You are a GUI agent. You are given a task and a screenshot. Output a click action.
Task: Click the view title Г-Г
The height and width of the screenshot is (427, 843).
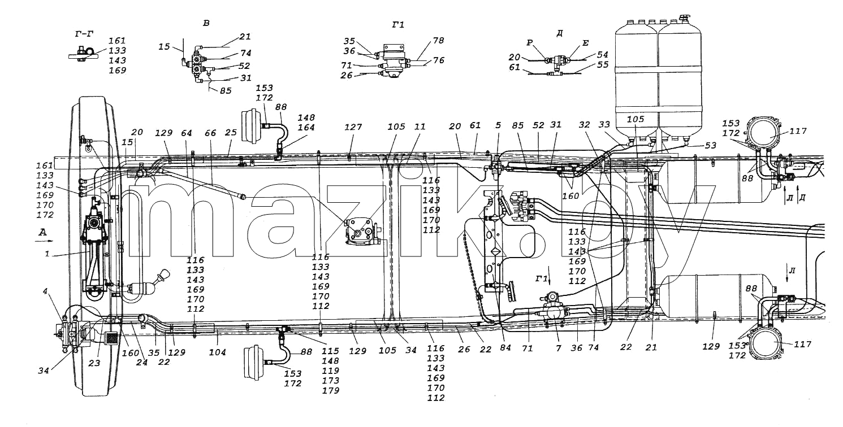click(84, 34)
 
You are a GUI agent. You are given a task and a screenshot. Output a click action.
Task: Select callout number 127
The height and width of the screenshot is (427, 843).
click(353, 128)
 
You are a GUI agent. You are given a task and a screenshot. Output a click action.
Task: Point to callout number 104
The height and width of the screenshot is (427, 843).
click(218, 352)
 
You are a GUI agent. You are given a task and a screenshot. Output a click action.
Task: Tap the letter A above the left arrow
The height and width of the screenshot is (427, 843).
click(43, 232)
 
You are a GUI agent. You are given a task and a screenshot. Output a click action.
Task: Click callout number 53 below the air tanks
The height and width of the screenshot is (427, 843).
click(711, 146)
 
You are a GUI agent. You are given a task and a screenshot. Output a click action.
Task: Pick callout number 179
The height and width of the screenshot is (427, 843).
click(330, 390)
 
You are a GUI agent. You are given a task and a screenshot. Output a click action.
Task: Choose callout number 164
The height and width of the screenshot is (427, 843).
click(306, 128)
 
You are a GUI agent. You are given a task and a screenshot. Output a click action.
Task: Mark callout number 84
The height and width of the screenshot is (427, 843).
click(505, 348)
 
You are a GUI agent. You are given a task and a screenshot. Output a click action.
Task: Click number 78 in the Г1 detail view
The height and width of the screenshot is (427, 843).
click(438, 40)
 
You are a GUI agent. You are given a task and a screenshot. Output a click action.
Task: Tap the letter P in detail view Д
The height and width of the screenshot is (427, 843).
click(530, 43)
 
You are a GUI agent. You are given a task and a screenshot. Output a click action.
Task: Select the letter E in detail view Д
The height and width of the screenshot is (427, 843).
click(585, 43)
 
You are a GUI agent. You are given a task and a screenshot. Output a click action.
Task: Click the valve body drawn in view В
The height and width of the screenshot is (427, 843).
click(197, 64)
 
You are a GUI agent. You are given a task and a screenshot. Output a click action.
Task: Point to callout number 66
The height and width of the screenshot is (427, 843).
click(210, 133)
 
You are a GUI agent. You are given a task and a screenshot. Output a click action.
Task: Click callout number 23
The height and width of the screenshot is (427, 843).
click(94, 364)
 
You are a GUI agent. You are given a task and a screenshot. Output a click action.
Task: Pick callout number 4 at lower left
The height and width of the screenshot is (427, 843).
click(45, 291)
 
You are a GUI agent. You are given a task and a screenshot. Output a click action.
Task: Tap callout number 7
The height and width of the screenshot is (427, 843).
click(559, 348)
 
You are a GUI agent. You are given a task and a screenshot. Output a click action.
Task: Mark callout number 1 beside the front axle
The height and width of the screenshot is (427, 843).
click(47, 254)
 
